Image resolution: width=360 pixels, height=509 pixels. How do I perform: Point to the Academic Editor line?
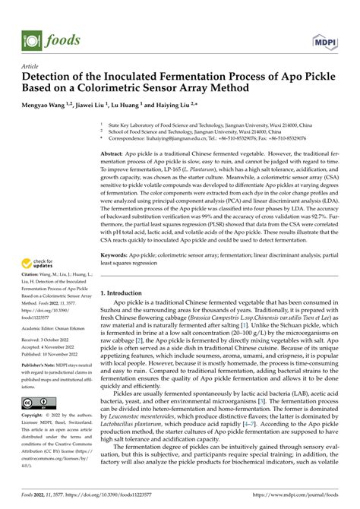click(x=50, y=349)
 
